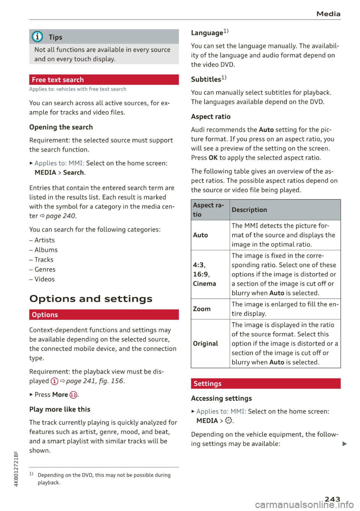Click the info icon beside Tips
[x=37, y=37]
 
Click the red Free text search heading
[x=103, y=80]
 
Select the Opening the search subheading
[x=61, y=127]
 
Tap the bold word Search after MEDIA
[x=73, y=172]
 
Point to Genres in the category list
[x=45, y=269]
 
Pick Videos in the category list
[x=44, y=279]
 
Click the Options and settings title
[x=91, y=299]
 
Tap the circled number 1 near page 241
[x=54, y=381]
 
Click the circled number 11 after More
[x=73, y=395]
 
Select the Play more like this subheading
[x=60, y=409]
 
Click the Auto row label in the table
[x=200, y=235]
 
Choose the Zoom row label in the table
[x=201, y=309]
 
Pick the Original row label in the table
[x=205, y=343]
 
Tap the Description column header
[x=249, y=210]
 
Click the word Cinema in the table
[x=204, y=284]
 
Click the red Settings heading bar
[x=265, y=384]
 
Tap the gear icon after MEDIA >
[x=228, y=421]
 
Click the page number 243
[x=332, y=499]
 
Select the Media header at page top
[x=328, y=14]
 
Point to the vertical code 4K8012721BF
[x=16, y=469]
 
